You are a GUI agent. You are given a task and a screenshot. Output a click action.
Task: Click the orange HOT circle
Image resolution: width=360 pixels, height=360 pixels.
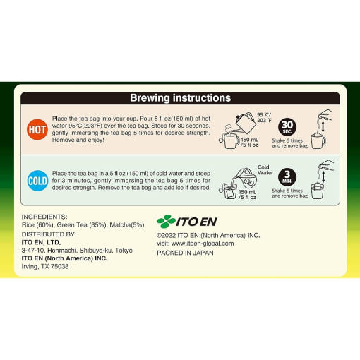point(37,129)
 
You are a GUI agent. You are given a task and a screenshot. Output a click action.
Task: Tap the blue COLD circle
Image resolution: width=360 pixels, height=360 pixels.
point(37,181)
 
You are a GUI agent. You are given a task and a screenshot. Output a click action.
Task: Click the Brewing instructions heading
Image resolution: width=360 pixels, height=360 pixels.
point(180,98)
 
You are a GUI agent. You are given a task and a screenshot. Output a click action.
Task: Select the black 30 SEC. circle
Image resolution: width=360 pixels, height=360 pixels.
point(287,127)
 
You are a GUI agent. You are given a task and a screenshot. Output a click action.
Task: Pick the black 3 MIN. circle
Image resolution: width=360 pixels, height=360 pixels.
point(287,177)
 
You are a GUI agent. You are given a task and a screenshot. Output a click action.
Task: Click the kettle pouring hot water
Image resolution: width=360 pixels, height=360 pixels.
point(245,123)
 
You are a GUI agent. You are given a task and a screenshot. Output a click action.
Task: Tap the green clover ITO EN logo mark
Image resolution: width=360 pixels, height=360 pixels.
point(166,221)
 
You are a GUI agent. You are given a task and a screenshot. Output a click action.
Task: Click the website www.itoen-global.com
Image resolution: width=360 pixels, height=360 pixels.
point(203,244)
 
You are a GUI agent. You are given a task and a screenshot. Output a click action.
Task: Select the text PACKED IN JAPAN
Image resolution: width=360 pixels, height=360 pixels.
point(185,253)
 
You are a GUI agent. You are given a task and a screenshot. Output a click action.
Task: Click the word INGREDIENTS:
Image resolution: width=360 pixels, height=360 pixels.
point(44,217)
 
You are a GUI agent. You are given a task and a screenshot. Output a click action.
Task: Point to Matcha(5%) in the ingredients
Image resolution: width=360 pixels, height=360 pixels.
point(127,225)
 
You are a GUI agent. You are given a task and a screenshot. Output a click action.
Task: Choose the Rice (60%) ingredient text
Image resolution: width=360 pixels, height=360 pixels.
point(37,225)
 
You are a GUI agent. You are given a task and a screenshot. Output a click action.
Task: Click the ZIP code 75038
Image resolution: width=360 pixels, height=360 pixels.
point(60,266)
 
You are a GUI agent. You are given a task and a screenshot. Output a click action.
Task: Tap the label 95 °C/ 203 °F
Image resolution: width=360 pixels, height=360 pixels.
point(264,117)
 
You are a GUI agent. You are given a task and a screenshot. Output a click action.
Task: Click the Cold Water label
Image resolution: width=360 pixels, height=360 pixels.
point(265,169)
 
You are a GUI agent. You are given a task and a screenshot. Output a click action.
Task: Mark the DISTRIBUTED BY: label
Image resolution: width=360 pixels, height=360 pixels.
point(49,234)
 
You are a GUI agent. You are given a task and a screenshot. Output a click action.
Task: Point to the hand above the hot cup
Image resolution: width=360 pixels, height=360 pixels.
point(325,115)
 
